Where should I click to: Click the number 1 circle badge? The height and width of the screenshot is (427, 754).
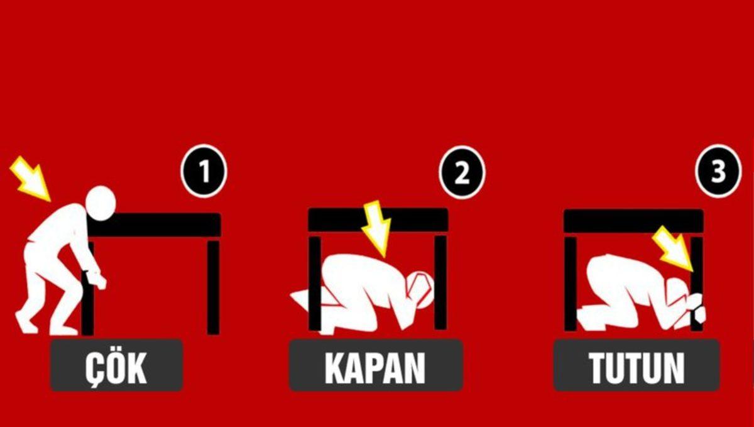click(x=204, y=171)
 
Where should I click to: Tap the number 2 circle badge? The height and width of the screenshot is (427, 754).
click(x=462, y=172)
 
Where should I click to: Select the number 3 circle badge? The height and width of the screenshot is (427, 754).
click(x=718, y=171)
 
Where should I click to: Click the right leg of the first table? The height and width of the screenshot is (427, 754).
click(x=214, y=286)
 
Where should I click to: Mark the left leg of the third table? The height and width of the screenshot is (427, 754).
click(x=570, y=283)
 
